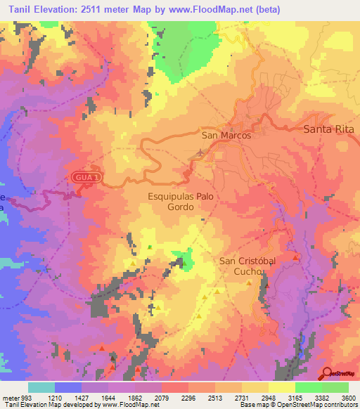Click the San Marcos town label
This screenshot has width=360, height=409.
pos(226,136)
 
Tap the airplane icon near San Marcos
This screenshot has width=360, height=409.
pos(202,151)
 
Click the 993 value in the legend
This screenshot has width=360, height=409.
pos(25,397)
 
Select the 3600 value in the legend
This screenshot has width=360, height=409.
pos(348,397)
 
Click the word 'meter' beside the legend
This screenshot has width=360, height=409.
pos(8,397)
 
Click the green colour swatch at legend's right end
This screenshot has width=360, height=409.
pos(335,387)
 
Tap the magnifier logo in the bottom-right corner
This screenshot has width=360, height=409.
pos(327,373)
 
